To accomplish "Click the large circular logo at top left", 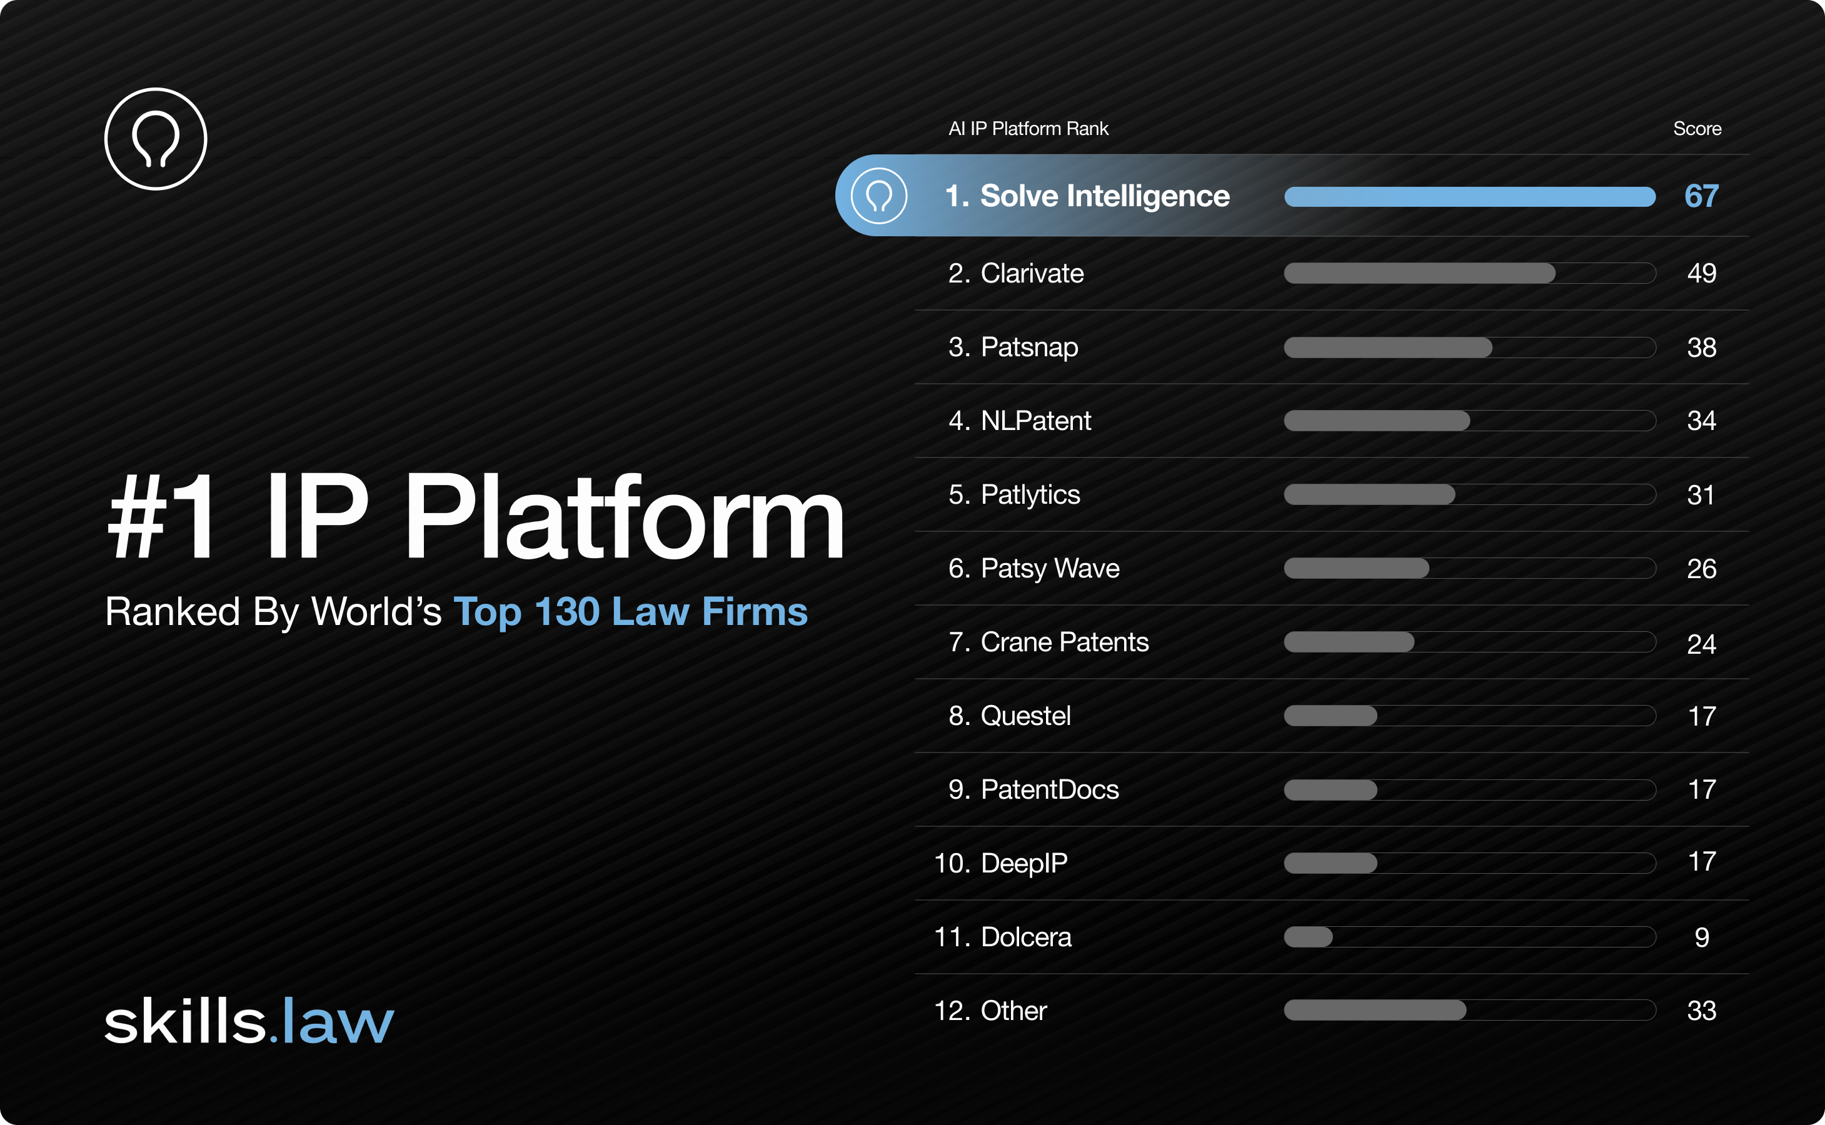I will click(x=156, y=139).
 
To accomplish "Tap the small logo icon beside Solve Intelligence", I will click(x=878, y=196).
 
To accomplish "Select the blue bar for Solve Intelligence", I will click(x=1469, y=197).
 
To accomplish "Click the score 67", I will click(x=1701, y=196).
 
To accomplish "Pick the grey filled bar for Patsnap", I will click(x=1387, y=347).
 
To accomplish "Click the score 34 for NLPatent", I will click(x=1701, y=421).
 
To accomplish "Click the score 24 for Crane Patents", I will click(x=1701, y=644).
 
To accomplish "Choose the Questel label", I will click(x=1025, y=716).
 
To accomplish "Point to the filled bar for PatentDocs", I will click(x=1330, y=789).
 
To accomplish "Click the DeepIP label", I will click(x=1023, y=863).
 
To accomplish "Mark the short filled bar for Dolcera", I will click(x=1308, y=937).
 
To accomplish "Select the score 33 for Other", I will click(x=1701, y=1011).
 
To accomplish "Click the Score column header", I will click(x=1697, y=129).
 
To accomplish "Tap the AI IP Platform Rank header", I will click(x=1028, y=129).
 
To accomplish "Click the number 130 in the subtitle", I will click(x=566, y=612).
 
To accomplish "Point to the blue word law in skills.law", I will click(x=337, y=1022).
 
